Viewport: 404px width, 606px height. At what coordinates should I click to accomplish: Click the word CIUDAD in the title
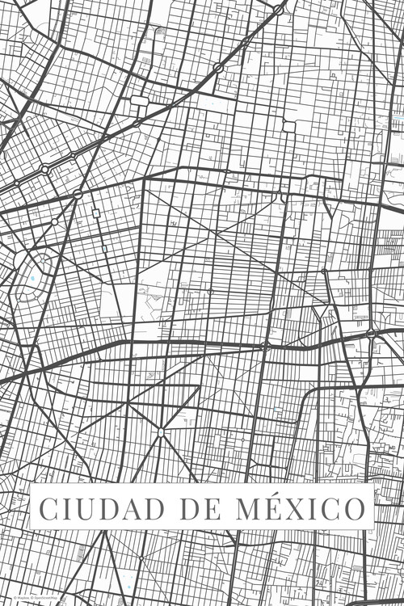pyautogui.click(x=92, y=510)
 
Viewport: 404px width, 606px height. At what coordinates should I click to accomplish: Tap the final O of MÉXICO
pyautogui.click(x=352, y=510)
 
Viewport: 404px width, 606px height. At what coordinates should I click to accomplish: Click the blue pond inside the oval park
pyautogui.click(x=33, y=280)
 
